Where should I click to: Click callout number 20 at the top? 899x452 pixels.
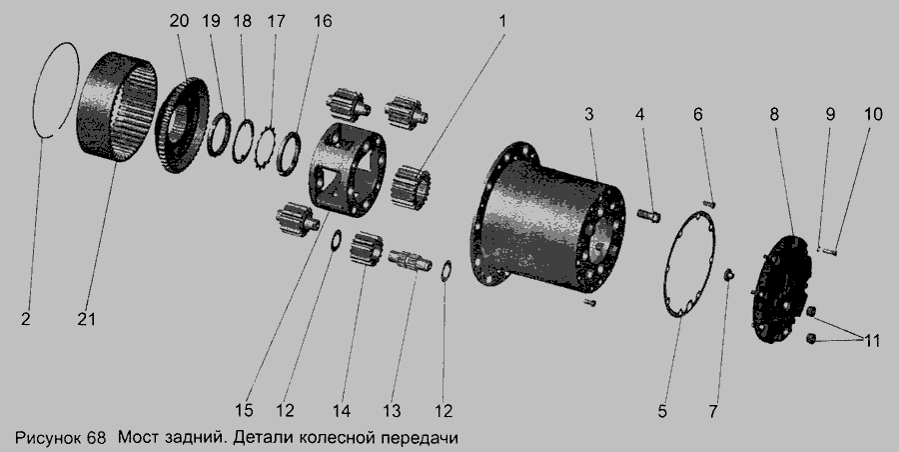[179, 21]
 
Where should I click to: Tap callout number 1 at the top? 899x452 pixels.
[502, 21]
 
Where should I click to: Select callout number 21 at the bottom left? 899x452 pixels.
[87, 319]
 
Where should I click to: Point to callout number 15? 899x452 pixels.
[244, 410]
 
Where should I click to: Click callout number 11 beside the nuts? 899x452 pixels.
[871, 341]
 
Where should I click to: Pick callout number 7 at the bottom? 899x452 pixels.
[713, 411]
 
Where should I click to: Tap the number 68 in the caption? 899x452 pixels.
[97, 438]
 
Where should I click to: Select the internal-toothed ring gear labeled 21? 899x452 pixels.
[118, 107]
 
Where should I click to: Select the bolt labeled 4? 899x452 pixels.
[649, 216]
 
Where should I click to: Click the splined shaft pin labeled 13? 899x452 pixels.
[412, 260]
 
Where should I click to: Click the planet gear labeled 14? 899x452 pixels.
[367, 249]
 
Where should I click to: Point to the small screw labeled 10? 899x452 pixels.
[830, 249]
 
